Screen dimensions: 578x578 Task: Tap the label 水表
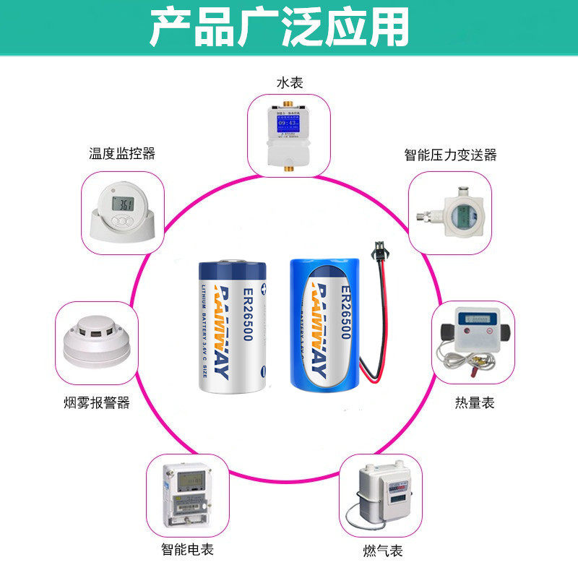pyautogui.click(x=289, y=83)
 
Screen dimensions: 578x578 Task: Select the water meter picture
pyautogui.click(x=289, y=134)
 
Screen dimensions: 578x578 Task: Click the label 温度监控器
pyautogui.click(x=122, y=153)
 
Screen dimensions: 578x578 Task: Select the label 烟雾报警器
pyautogui.click(x=97, y=402)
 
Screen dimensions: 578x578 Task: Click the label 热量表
pyautogui.click(x=475, y=402)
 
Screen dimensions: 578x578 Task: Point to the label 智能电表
pyautogui.click(x=187, y=550)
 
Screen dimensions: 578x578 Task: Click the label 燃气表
pyautogui.click(x=383, y=551)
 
